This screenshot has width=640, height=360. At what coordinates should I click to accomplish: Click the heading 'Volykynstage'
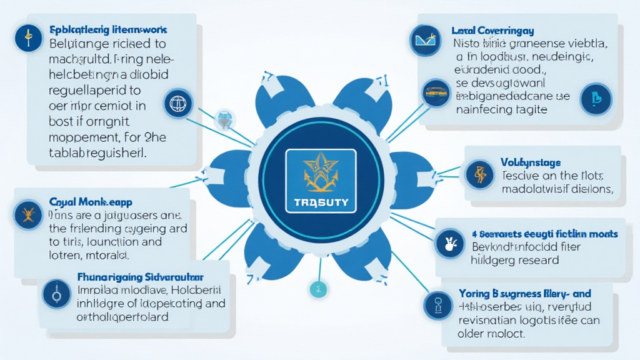point(531,162)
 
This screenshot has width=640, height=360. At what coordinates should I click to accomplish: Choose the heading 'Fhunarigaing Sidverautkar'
point(142,276)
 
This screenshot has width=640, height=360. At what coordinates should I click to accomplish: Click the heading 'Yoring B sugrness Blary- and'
point(524,293)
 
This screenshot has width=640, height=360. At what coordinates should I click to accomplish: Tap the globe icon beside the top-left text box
point(177,103)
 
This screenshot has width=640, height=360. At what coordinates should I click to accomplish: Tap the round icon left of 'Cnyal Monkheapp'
point(27,214)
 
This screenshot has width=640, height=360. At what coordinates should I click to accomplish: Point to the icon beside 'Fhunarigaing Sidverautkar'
point(56,293)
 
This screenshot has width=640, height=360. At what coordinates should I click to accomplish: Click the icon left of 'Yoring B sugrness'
point(437,305)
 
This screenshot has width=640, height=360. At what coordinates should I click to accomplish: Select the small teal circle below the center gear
point(318,289)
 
